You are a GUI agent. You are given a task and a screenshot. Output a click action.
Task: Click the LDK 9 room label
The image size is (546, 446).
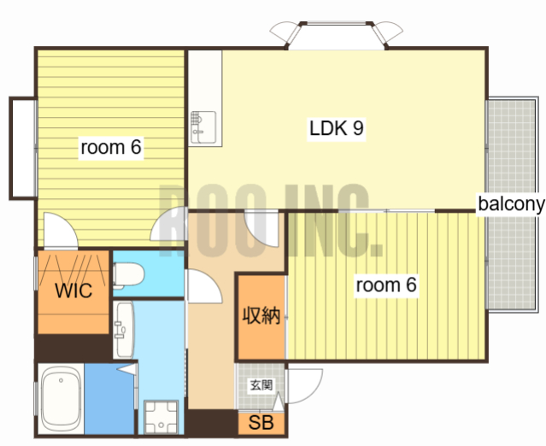(x=337, y=128)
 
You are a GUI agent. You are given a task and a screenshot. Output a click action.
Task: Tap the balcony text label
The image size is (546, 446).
(x=511, y=203)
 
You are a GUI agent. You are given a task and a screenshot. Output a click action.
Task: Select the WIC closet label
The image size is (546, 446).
(x=73, y=290)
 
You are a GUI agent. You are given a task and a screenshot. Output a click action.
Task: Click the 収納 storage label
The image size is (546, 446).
(x=261, y=315)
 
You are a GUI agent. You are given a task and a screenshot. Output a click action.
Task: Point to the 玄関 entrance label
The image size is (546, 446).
(x=261, y=385)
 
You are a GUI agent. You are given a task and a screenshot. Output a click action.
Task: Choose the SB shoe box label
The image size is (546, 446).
(x=261, y=423)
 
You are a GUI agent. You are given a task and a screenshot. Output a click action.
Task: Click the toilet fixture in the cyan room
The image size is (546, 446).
(x=128, y=275)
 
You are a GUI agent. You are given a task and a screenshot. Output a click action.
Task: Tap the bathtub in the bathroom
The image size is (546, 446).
(x=61, y=399)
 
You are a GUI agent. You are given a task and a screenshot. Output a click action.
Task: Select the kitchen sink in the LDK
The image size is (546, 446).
(x=203, y=127)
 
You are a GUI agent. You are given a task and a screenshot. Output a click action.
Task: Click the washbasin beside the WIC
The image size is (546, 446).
(x=124, y=329)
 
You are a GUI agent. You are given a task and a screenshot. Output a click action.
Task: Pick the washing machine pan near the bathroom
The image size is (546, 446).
(x=161, y=417)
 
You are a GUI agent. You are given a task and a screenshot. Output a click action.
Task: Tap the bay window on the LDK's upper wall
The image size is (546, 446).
(x=337, y=35)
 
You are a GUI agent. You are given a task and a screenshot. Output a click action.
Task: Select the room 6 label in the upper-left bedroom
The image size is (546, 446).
(x=111, y=147)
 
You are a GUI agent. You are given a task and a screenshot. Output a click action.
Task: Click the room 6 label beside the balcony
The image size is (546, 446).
(x=386, y=285)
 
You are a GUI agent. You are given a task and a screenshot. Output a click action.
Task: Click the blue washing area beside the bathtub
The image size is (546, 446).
(x=109, y=399)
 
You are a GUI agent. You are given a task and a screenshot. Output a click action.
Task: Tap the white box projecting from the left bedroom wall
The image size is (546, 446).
(x=23, y=149)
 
